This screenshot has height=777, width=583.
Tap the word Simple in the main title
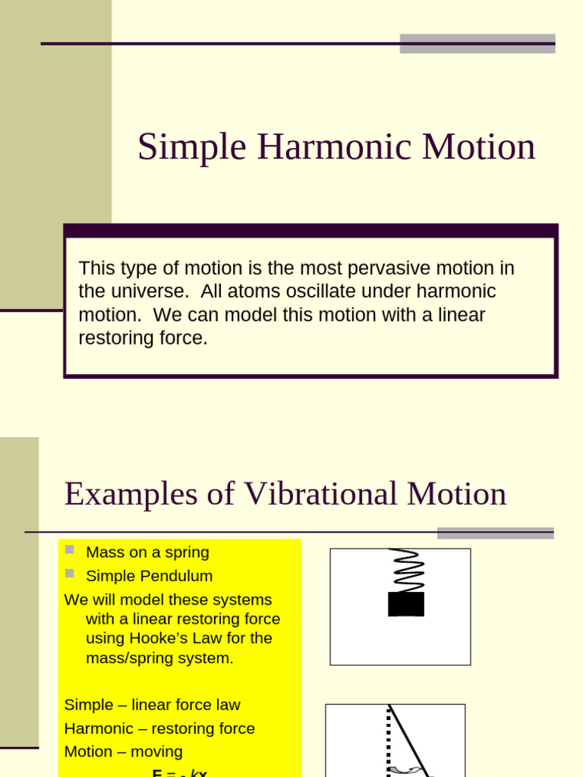pos(192,147)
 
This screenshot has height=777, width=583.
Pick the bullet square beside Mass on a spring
pos(70,549)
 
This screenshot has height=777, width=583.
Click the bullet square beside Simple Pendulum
pos(70,573)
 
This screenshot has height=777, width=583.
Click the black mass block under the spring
pos(406,604)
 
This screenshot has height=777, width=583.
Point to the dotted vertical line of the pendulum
pos(389,740)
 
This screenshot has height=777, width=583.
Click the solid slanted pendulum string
pos(409,740)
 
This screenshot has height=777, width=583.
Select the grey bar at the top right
pos(477,43)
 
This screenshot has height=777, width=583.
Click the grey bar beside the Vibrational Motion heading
pos(495,533)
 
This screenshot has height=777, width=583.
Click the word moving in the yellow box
pos(155,752)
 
